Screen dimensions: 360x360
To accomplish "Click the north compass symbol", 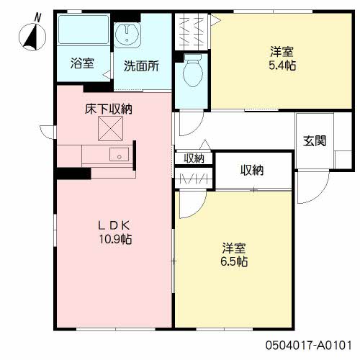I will [x=32, y=35].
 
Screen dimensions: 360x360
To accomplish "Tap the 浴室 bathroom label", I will [x=81, y=63].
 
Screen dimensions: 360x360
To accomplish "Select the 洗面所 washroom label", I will [x=140, y=66].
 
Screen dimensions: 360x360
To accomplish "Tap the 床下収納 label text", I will [x=109, y=109].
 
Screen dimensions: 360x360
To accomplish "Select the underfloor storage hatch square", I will [x=110, y=130].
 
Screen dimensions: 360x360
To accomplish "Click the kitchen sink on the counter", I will [x=117, y=155].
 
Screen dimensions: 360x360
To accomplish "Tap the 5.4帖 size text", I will [x=282, y=65].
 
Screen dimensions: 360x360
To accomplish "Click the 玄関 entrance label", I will [x=313, y=140].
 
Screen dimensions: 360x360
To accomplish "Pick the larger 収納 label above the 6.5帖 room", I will [x=251, y=171].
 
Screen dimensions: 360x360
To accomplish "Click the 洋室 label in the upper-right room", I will [x=282, y=51].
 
